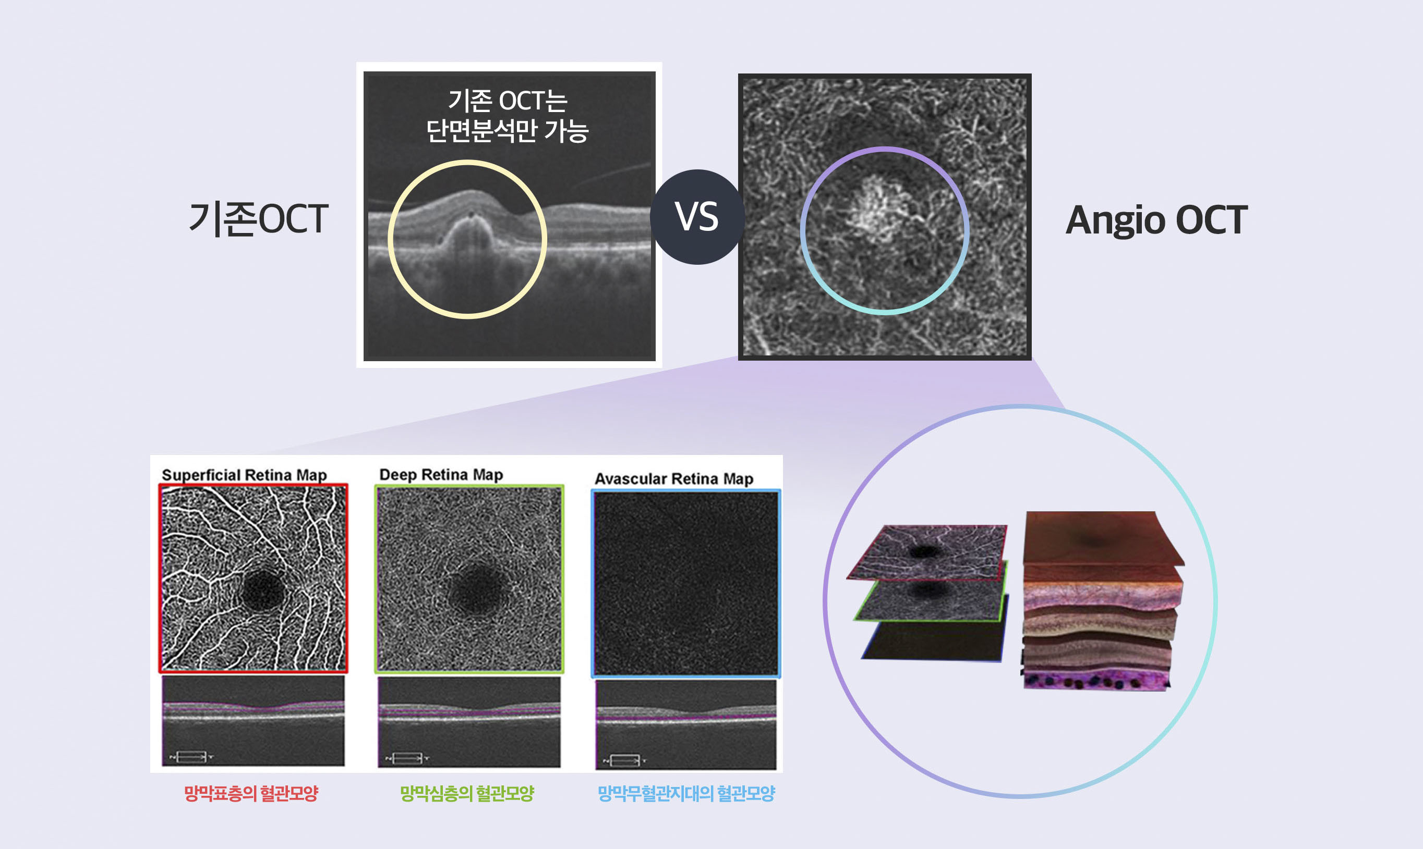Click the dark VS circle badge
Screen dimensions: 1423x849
(x=697, y=217)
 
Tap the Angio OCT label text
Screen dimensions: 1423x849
(x=1156, y=220)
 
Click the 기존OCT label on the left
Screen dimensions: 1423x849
(x=259, y=218)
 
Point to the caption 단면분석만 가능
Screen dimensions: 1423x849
(x=508, y=130)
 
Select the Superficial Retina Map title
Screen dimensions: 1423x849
(x=245, y=475)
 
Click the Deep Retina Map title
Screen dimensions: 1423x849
(x=441, y=474)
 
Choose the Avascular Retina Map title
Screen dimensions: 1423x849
(x=674, y=478)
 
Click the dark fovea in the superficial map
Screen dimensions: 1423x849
(x=263, y=590)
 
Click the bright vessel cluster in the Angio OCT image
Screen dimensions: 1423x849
(x=875, y=208)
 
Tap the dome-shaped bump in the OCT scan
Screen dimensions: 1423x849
(x=470, y=229)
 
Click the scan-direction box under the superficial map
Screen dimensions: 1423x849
(x=191, y=757)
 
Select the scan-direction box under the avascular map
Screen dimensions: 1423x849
(x=625, y=761)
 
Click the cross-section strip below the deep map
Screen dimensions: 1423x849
(x=469, y=722)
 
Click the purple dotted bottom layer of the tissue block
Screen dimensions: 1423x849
(x=1095, y=680)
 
